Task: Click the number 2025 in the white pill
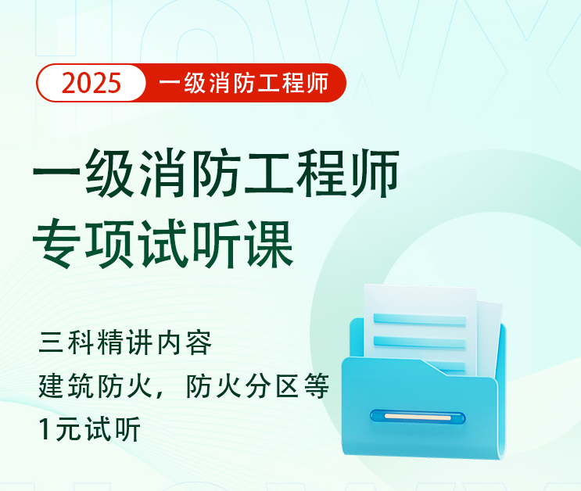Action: pos(91,83)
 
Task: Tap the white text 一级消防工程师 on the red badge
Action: pos(242,83)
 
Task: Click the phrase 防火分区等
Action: pos(257,386)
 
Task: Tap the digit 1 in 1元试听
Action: pos(45,430)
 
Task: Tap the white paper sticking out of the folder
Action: pos(422,301)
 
